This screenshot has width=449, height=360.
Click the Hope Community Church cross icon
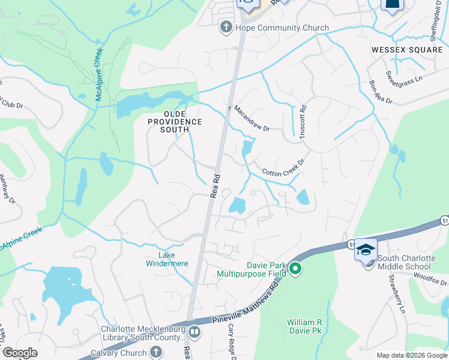[x=226, y=27]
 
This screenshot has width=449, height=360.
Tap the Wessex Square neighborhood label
[x=406, y=50]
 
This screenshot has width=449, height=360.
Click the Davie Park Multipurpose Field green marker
[x=295, y=268]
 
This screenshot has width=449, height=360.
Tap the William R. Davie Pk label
[x=306, y=326]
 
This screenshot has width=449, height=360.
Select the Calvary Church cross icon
[x=155, y=352]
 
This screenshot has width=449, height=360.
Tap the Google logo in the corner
[x=20, y=353]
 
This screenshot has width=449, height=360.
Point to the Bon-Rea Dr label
[x=381, y=92]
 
